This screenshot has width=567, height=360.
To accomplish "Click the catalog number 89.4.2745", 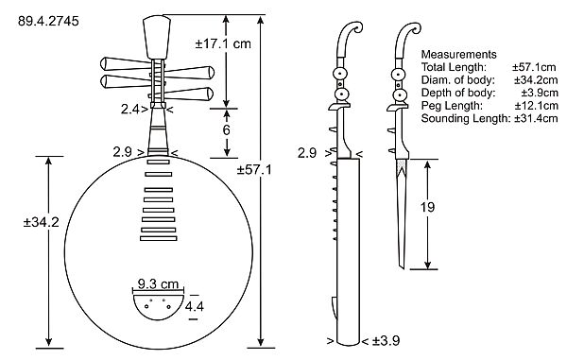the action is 48,21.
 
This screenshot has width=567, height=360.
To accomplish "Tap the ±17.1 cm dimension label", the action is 223,43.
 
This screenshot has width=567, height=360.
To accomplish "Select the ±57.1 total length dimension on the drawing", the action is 254,169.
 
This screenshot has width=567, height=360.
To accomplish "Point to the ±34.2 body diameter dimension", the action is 41,222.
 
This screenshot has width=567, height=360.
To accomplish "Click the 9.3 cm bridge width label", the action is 158,284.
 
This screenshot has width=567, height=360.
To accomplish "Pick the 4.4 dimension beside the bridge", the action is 194,306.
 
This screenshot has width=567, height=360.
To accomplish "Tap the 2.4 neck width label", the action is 129,109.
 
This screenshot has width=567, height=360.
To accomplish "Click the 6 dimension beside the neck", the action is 227,129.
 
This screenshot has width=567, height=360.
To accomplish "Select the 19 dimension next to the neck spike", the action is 427,207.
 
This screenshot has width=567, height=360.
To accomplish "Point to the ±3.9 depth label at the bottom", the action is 386,340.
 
